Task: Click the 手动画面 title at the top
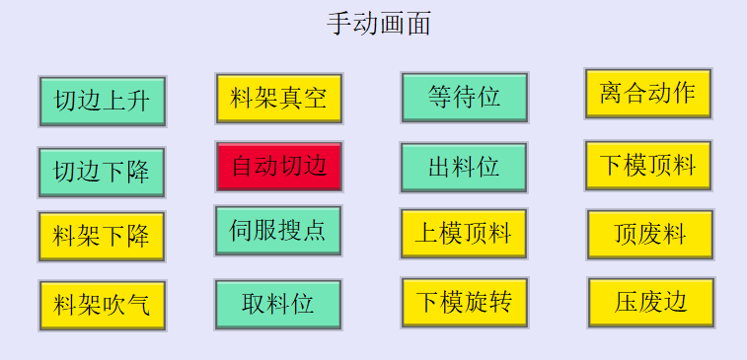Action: [379, 23]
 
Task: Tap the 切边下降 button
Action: [102, 173]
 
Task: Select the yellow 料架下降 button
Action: [102, 237]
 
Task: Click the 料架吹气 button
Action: [102, 305]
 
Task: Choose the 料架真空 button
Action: [279, 99]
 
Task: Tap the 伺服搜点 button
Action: [278, 231]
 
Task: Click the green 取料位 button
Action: [278, 304]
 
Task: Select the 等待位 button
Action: [464, 98]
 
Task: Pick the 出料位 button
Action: [464, 167]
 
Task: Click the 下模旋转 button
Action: [464, 302]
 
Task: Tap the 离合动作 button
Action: [647, 94]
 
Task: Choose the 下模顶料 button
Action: [647, 166]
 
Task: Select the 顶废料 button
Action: [649, 235]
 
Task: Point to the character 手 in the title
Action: [339, 23]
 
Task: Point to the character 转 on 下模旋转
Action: [500, 302]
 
